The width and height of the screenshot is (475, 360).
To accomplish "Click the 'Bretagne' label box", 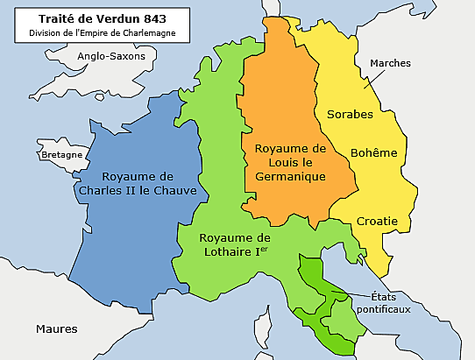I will (x=61, y=154).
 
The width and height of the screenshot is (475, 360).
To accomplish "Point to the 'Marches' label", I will (x=390, y=64).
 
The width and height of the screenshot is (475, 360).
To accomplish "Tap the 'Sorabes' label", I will (x=350, y=114).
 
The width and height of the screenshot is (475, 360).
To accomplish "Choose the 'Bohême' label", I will (x=373, y=152).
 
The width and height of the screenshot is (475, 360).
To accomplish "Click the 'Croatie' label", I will (x=377, y=221).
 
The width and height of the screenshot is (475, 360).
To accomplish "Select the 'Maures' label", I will (x=56, y=328).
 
